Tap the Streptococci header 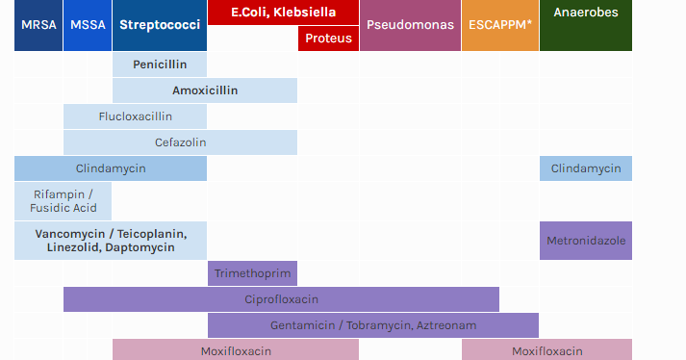coord(159,25)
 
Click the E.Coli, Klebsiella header coord(283,13)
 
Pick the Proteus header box coord(328,39)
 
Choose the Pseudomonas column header coord(410,25)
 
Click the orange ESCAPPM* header coord(499,25)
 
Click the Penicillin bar coord(159,64)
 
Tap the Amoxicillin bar coord(205,90)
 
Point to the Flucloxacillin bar coord(135,116)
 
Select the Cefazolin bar coord(180,142)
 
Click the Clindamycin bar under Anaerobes coord(585,168)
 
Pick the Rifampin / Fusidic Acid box coord(64,200)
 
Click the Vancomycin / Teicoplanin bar coord(111,234)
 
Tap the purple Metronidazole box coord(585,240)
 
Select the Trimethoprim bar coord(252,273)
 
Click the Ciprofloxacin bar coord(281,299)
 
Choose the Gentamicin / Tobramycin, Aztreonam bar coord(372,325)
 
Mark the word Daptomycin coord(140,247)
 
